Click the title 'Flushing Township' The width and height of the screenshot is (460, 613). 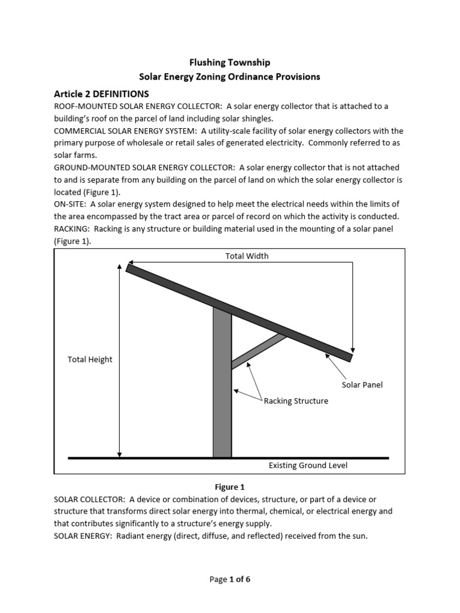coord(229,62)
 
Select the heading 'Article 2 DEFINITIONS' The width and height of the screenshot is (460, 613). coord(101,94)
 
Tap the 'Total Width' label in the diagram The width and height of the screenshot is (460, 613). coord(247,256)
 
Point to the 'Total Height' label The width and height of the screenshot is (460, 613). coord(90,359)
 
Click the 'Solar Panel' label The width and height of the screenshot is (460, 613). coord(362,385)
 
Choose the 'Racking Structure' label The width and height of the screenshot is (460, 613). coord(296,401)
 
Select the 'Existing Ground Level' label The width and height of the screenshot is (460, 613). coord(308,465)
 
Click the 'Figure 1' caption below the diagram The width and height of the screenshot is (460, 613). coord(230,487)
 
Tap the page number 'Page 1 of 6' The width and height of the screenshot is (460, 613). coord(230,579)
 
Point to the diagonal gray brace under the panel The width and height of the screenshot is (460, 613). coord(259,351)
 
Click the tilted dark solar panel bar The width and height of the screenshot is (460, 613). coord(240,311)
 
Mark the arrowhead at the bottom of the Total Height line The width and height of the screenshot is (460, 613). coord(120,454)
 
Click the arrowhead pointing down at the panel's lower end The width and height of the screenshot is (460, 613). coord(353,350)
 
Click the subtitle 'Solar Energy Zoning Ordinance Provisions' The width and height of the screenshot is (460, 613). coord(229,77)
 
